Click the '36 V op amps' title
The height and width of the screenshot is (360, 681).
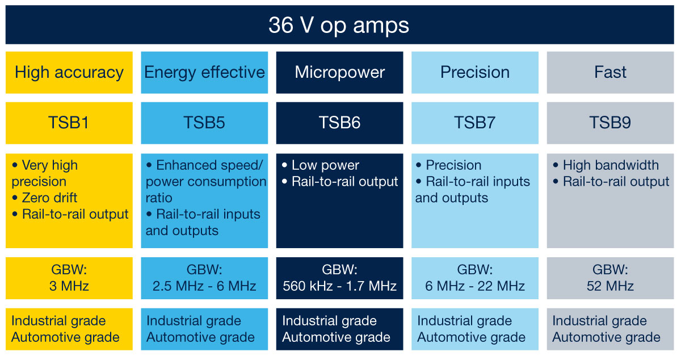coord(339,26)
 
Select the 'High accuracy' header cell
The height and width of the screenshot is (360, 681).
coord(69,73)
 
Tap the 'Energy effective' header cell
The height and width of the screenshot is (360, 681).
coord(204,73)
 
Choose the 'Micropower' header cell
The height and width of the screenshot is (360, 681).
coord(339,73)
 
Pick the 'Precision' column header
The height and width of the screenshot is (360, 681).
coord(475,73)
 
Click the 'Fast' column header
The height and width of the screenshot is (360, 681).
coord(610,73)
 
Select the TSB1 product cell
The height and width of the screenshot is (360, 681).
coord(69,123)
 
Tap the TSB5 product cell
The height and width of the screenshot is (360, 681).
coord(204,123)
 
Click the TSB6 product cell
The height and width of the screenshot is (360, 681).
coord(339,123)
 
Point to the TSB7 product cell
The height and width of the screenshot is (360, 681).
coord(475,123)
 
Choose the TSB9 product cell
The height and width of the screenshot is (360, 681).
coord(610,123)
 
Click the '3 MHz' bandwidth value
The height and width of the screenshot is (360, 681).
coord(69,286)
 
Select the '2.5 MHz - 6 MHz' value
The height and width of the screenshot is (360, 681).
coord(204,286)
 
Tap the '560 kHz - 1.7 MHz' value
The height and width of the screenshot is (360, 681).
coord(339,286)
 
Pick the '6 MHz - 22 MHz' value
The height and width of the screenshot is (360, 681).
coord(475,286)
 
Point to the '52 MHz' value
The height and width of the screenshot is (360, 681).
coord(610,286)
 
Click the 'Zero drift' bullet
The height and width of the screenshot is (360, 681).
coord(49,198)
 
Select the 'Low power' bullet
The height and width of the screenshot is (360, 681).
coord(325,165)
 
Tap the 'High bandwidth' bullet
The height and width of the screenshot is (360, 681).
coord(610,165)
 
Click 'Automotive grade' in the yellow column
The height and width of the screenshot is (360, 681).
coord(65,337)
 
